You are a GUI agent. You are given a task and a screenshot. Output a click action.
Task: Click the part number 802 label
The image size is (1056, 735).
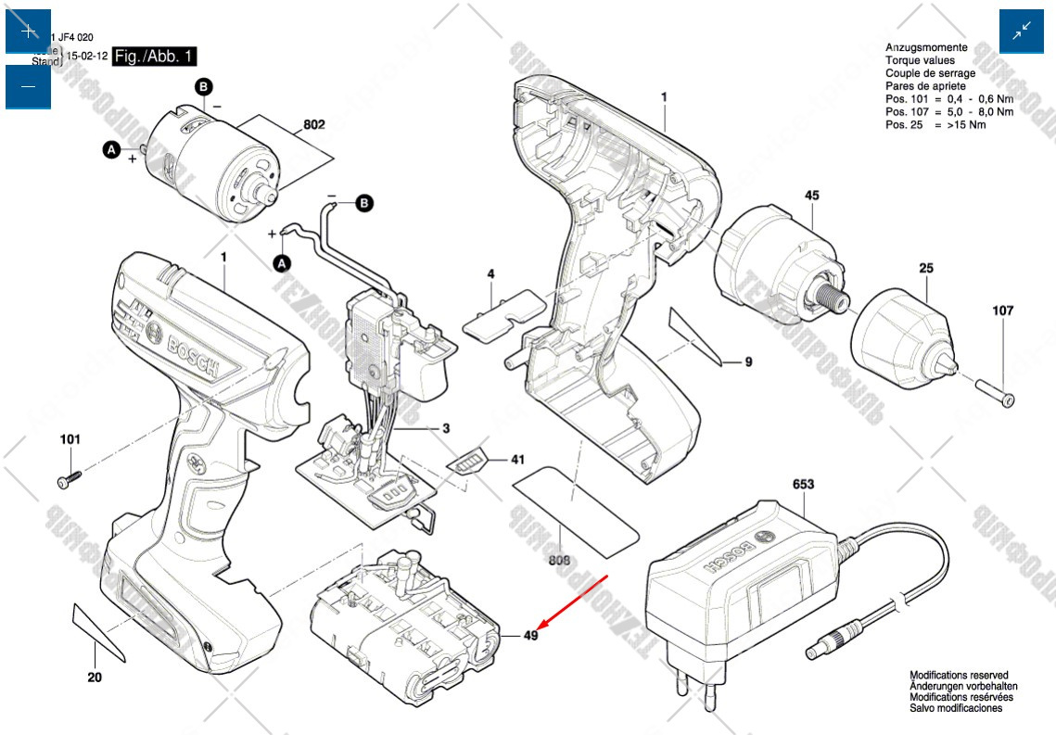click(313, 124)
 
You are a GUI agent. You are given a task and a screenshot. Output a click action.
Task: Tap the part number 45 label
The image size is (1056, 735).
click(811, 196)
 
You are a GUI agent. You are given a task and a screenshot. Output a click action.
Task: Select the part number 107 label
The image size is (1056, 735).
click(1003, 311)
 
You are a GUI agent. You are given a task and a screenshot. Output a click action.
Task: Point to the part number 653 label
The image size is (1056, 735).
click(803, 484)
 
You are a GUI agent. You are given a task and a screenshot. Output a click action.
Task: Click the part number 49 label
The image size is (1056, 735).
click(530, 636)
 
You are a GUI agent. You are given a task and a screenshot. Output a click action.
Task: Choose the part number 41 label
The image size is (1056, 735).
click(516, 460)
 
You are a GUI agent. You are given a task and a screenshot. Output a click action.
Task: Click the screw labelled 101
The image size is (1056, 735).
click(69, 479)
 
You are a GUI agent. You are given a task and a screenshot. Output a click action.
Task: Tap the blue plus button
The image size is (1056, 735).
click(28, 31)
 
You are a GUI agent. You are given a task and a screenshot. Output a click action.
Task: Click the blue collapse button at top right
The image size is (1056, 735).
click(1022, 32)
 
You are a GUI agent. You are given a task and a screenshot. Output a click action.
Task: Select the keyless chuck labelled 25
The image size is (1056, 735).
click(901, 339)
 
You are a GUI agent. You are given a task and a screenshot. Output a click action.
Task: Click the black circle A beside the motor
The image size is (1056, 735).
click(111, 149)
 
